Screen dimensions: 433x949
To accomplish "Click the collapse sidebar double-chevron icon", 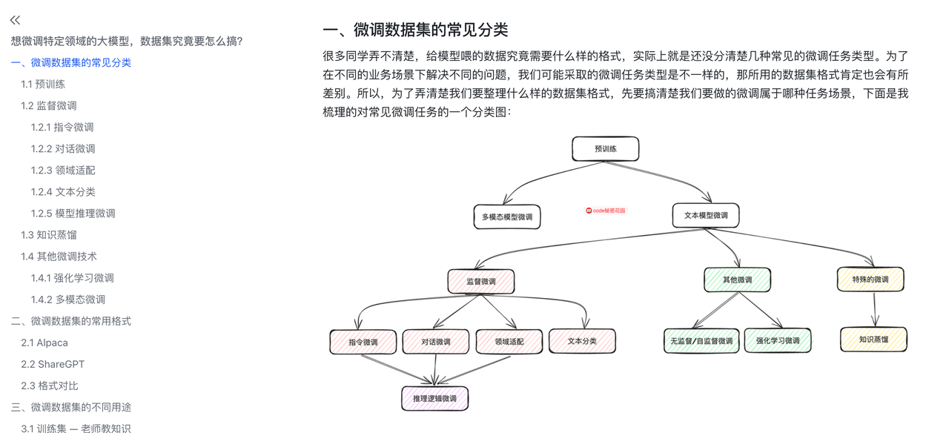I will (x=16, y=20).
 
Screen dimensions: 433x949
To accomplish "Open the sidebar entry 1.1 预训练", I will (x=43, y=84).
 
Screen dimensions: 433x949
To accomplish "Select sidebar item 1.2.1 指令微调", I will (x=62, y=127).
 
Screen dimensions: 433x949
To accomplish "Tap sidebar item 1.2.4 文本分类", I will (x=63, y=191).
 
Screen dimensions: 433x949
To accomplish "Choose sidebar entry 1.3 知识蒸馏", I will (x=49, y=234).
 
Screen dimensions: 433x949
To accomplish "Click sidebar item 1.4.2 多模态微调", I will (x=68, y=299).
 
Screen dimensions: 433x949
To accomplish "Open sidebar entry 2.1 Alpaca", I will (x=44, y=342).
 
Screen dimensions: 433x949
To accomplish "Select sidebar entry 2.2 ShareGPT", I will (x=53, y=363).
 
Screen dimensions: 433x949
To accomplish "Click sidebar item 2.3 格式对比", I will (x=50, y=385).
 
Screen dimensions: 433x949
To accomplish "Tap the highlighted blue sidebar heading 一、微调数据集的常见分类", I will (x=71, y=62).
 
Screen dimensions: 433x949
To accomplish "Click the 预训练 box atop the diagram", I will (x=605, y=149).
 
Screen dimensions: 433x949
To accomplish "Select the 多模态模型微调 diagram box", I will (x=507, y=216).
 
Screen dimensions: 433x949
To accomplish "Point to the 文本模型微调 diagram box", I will (x=705, y=215).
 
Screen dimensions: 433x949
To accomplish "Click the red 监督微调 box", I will (x=481, y=281).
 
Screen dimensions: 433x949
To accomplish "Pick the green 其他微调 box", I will (x=737, y=280).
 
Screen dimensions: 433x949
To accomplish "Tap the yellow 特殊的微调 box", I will (x=870, y=279).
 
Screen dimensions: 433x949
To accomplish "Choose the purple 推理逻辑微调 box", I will (x=435, y=398).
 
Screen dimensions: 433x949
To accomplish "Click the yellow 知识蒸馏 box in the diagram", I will (x=873, y=340).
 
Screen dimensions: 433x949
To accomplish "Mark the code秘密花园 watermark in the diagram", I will (x=606, y=211).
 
